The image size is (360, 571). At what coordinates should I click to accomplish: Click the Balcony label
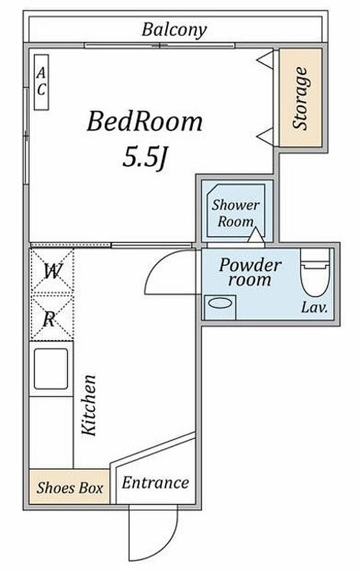click(174, 30)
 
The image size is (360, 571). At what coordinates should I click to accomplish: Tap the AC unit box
click(41, 82)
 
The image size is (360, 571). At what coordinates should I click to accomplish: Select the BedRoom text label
click(145, 121)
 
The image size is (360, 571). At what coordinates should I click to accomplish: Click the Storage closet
click(301, 98)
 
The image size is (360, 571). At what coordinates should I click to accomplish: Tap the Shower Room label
click(236, 213)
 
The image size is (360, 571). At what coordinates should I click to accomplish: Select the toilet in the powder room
click(315, 272)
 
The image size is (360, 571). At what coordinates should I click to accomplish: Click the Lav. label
click(314, 308)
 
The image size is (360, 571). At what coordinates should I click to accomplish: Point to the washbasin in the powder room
click(220, 307)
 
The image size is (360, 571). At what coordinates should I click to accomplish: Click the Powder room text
click(250, 272)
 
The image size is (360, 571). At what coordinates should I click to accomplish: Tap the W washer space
click(52, 270)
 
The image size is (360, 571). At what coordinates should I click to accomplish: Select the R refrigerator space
click(52, 318)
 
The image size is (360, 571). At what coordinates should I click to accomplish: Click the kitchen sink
click(51, 369)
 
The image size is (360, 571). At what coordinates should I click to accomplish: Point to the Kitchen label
click(88, 405)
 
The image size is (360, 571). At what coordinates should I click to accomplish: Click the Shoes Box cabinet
click(69, 487)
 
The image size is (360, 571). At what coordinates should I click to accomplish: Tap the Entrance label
click(156, 483)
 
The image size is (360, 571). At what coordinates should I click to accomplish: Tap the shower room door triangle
click(257, 234)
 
